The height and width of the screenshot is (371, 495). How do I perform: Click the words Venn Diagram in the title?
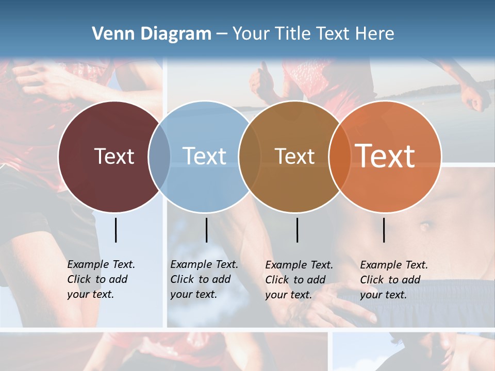point(152,34)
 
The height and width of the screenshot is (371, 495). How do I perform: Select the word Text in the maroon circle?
point(114,156)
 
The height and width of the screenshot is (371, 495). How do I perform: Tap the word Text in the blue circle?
point(204,156)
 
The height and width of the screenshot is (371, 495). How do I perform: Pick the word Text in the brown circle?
point(294,156)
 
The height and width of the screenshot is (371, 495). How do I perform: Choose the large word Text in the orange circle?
point(385,156)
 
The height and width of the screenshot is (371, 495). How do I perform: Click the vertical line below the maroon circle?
point(115,230)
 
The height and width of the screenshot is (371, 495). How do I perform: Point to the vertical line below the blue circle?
point(206,230)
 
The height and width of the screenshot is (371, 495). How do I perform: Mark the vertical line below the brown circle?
point(297,230)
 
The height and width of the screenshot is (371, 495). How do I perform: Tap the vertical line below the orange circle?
point(384,230)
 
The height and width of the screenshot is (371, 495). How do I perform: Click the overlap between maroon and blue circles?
point(159,157)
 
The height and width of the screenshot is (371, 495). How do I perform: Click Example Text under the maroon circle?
point(101,264)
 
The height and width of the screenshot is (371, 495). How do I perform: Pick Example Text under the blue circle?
point(204,264)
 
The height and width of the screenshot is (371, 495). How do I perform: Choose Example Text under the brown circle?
point(299,265)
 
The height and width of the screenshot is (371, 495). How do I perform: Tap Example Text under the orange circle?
point(394,265)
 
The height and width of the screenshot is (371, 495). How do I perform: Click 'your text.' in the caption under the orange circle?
point(383,295)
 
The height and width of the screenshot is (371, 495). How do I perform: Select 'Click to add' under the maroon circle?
point(97,279)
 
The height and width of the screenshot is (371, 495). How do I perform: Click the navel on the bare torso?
point(425,226)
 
